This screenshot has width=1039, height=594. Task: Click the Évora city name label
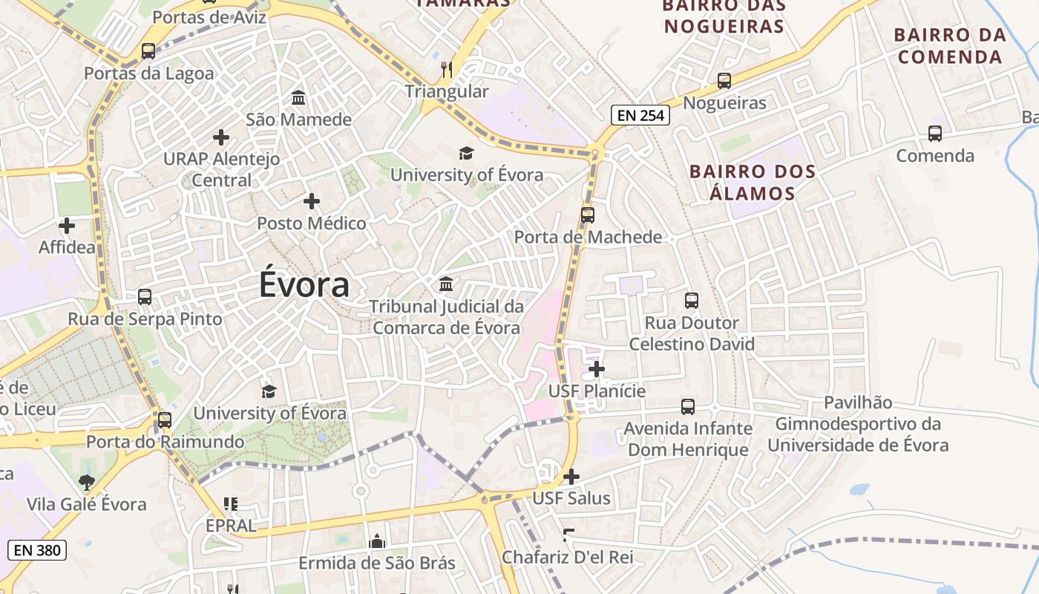point(304,286)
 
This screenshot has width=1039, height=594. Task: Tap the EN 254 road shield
point(640,115)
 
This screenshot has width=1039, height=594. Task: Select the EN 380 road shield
point(37,550)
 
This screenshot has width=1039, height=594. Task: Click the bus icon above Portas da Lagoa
point(148,51)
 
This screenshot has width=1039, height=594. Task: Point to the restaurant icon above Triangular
point(447,70)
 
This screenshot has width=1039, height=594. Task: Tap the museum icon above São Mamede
point(298,97)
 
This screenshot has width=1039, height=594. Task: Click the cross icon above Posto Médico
point(312,201)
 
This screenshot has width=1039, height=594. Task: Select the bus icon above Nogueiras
point(724,81)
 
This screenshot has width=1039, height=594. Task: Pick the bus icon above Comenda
point(935,134)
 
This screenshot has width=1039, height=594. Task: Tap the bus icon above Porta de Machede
point(588,215)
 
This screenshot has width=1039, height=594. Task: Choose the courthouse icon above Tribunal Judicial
point(446,284)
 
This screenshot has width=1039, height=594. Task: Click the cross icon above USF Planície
point(597,369)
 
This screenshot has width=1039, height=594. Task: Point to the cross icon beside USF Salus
point(571,476)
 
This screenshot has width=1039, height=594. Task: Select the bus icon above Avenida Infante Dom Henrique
point(688,407)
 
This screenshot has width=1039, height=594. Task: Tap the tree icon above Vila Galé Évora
point(87,483)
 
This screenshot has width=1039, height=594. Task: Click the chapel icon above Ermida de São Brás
point(377,541)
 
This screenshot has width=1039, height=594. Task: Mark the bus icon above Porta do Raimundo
point(165,420)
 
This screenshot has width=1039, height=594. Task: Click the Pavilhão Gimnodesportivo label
point(858,424)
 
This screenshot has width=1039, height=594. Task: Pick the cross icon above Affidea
point(67,225)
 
